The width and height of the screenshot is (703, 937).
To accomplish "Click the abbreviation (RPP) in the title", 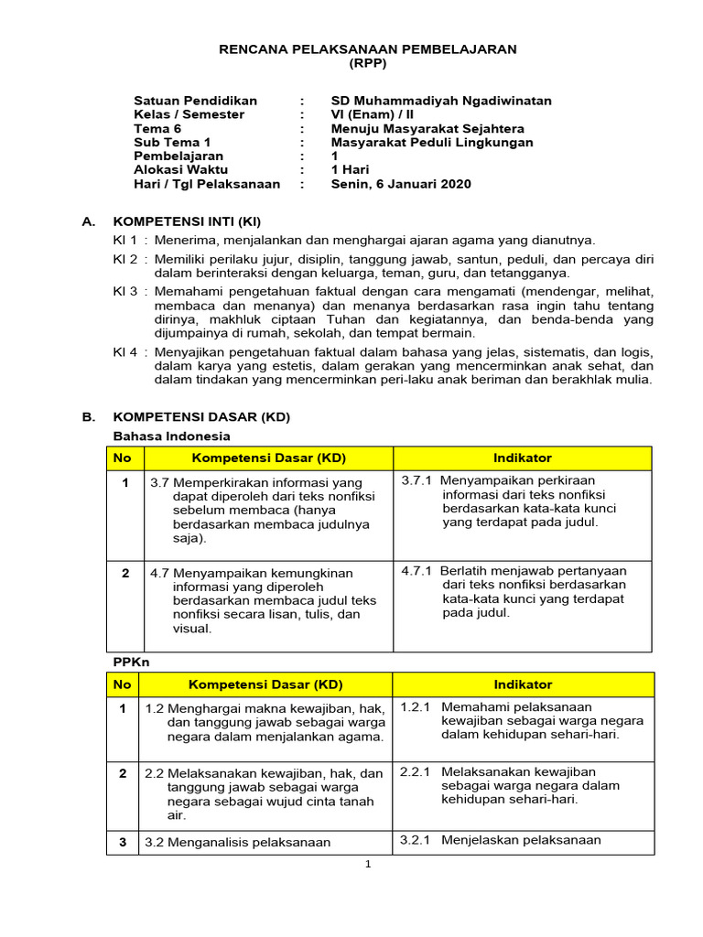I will click(x=368, y=63).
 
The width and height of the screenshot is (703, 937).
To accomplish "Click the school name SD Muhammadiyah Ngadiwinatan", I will click(x=441, y=101).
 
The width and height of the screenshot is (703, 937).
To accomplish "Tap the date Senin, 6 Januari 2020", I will click(x=401, y=184).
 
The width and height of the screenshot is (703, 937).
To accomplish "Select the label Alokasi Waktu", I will click(x=181, y=170).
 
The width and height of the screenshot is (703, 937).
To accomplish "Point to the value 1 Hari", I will click(x=350, y=170).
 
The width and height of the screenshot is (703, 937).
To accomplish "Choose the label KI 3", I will click(x=124, y=291).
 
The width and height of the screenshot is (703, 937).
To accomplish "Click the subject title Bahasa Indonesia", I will click(x=171, y=436).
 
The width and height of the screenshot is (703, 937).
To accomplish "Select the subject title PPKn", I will click(x=129, y=661).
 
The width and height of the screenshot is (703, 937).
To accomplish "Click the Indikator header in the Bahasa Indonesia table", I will click(x=523, y=458).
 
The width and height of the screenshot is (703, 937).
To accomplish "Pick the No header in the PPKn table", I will click(x=123, y=684).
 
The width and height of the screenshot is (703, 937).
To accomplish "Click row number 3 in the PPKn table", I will click(x=123, y=841).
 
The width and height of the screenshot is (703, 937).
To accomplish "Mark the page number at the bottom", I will click(x=367, y=864).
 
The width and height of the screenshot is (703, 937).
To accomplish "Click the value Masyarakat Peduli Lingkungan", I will click(x=432, y=143).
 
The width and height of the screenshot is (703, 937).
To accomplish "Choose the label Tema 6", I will click(x=157, y=129).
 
